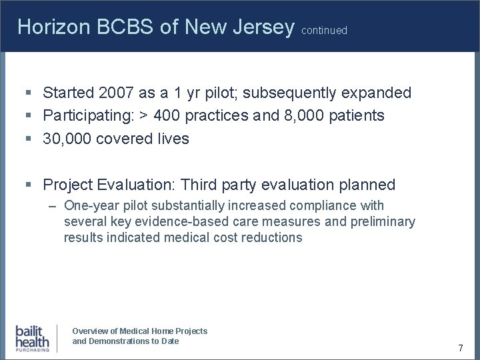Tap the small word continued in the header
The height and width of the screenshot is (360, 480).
tap(324, 31)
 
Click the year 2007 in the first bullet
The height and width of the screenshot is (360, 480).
tap(115, 93)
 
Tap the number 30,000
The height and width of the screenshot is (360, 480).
tap(69, 138)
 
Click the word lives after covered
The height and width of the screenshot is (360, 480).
tap(173, 138)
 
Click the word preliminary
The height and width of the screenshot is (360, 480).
tap(386, 222)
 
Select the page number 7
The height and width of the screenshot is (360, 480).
tap(460, 348)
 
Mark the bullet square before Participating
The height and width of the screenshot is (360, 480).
tap(29, 116)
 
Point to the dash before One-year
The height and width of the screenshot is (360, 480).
tap(53, 206)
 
